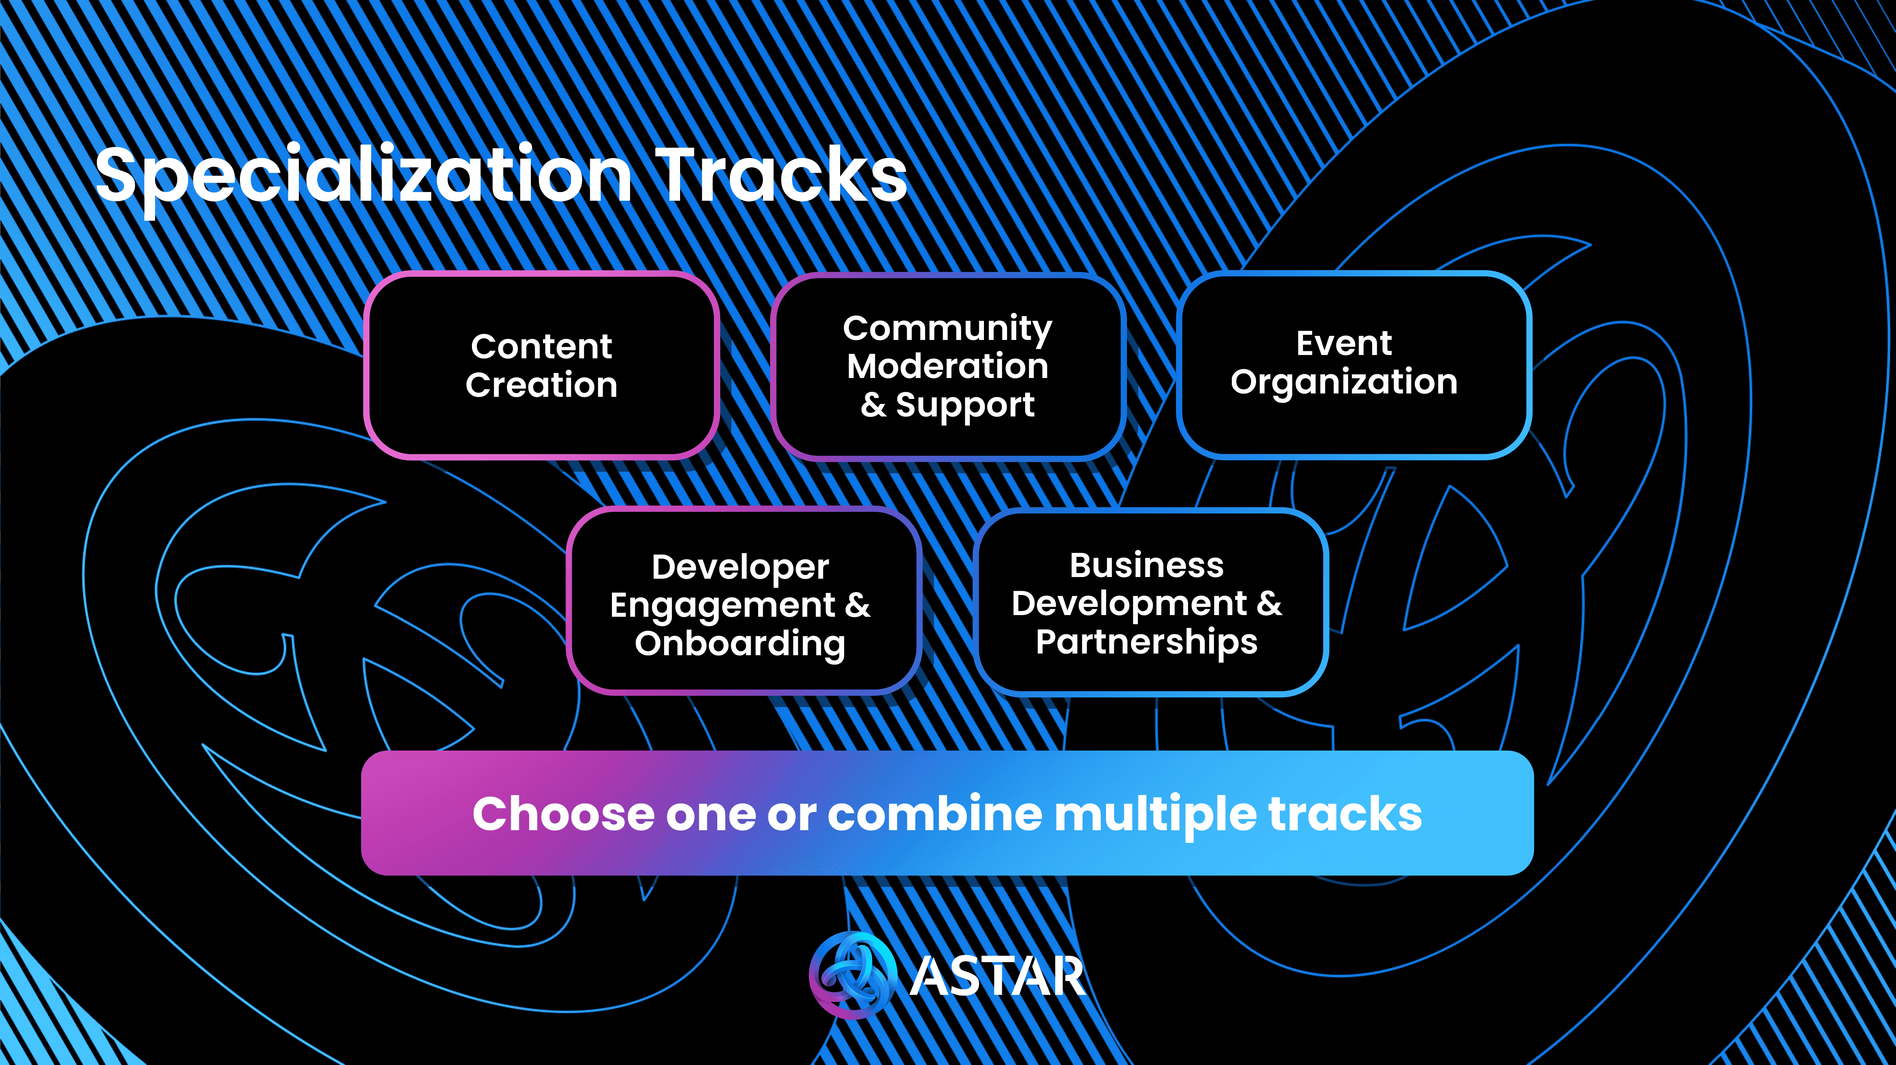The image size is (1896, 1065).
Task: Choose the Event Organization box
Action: [1353, 364]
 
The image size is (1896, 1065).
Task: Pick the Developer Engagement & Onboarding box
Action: [743, 601]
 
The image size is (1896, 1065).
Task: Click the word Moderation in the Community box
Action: [947, 366]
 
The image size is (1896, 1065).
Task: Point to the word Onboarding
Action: [740, 644]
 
